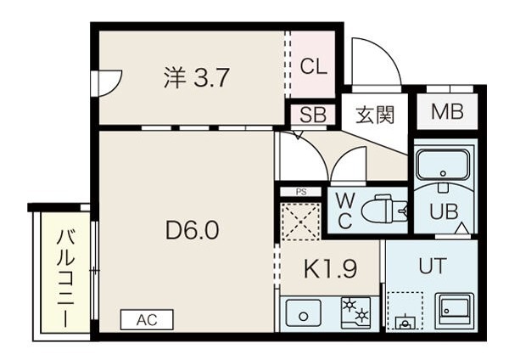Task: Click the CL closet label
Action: (313, 66)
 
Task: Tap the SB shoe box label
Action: (313, 115)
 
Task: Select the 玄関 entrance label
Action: (375, 115)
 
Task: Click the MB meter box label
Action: (447, 111)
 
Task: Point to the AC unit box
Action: (147, 320)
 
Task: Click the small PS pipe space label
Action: (301, 192)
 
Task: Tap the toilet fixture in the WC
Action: (384, 209)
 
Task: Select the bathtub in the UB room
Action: (444, 165)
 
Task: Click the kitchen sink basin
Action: (304, 313)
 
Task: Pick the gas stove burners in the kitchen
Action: (355, 311)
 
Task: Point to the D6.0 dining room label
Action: (193, 230)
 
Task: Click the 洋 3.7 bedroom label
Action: (197, 77)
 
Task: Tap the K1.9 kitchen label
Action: (330, 268)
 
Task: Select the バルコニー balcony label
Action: (66, 278)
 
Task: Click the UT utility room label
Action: (433, 266)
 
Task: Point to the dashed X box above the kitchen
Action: (301, 222)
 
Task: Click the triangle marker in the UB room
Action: (462, 228)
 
